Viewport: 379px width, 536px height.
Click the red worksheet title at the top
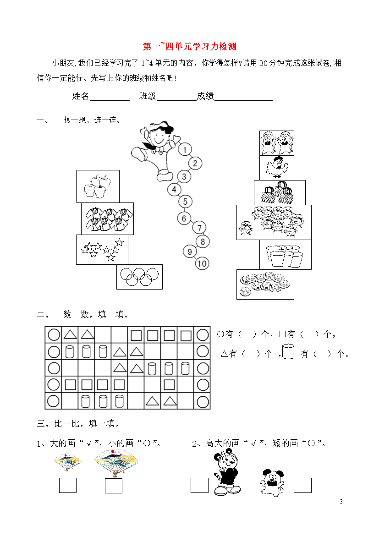190,46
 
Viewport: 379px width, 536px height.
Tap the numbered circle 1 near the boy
185,150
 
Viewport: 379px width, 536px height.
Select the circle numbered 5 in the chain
185,201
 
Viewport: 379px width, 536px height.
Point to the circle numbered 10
202,263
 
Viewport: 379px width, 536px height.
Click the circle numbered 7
199,228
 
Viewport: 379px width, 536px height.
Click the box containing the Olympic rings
140,277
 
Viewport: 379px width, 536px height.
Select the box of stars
102,250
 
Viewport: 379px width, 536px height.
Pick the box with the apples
98,186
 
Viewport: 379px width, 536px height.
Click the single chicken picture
277,168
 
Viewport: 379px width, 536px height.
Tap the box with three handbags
280,193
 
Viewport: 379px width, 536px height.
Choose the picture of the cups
285,255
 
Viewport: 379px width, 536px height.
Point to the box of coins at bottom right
265,284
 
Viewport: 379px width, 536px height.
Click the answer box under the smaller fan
68,486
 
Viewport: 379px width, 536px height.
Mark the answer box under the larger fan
114,486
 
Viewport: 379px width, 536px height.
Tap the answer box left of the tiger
199,486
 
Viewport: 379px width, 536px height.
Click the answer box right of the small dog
303,486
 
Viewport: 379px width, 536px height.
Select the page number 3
341,502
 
